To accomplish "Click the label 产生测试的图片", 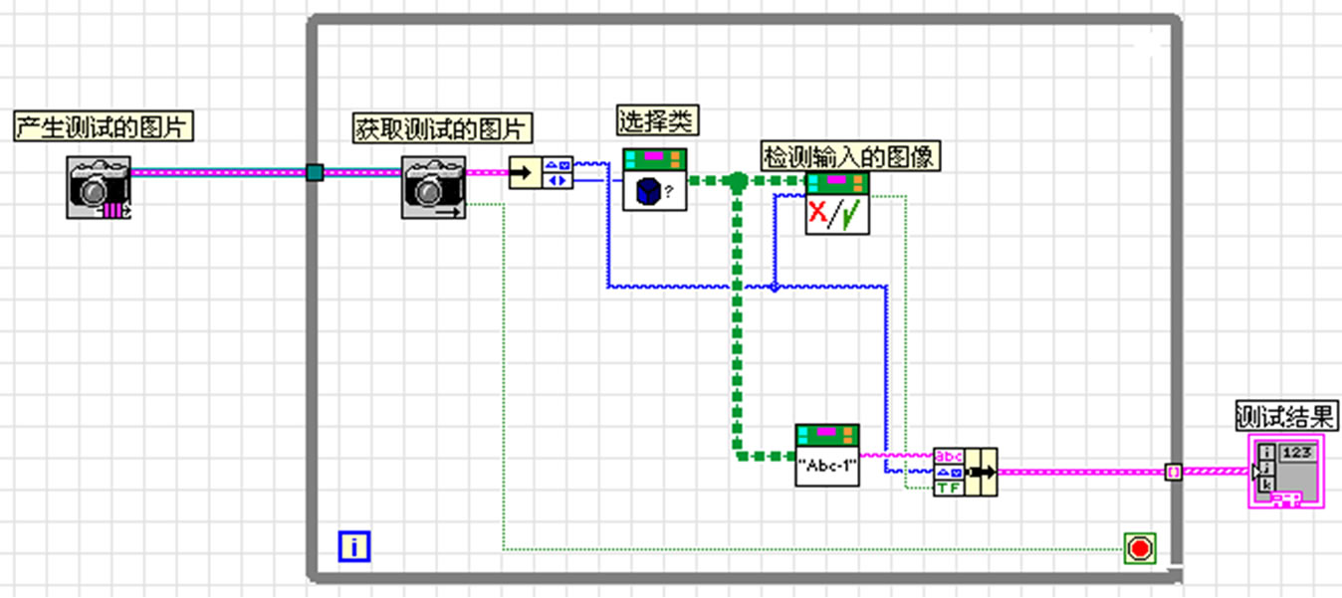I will [104, 127].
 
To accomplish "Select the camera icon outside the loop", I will [99, 186].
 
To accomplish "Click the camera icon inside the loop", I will [433, 186].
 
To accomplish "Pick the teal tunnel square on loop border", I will [315, 173].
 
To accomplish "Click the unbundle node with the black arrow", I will [541, 173].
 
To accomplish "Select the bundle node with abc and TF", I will [964, 472].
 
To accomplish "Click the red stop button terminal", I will [1139, 548].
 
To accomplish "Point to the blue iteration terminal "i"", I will [354, 546].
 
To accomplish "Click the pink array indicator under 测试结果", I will [1285, 471].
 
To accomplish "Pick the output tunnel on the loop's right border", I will [1174, 472].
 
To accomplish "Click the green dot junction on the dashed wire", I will [737, 181].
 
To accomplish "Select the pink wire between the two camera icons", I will [219, 172].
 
